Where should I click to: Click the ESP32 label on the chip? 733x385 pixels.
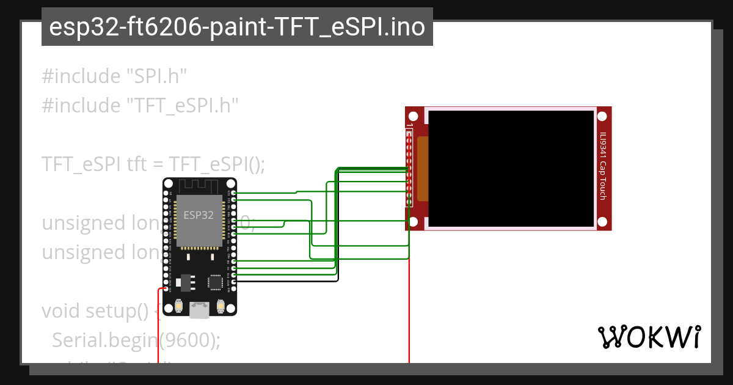point(199,215)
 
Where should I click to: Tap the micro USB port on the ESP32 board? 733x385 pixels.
point(199,310)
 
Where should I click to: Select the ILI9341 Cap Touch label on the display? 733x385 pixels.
point(603,166)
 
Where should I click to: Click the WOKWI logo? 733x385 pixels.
point(649,337)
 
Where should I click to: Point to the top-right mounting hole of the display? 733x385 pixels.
point(604,116)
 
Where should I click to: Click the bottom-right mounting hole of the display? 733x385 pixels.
point(604,222)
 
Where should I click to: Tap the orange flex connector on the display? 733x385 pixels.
point(422,170)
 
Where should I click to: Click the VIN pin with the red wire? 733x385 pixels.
point(166,288)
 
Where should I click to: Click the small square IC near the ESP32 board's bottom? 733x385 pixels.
point(215,282)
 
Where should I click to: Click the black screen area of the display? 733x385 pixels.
point(511,168)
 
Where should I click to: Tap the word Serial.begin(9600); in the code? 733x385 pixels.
point(136,340)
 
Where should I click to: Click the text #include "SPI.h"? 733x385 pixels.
point(114,76)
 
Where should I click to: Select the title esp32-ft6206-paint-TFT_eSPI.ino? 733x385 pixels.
point(237,27)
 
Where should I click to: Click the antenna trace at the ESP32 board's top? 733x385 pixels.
point(199,187)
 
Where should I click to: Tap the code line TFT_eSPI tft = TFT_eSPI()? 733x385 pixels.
point(153,164)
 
